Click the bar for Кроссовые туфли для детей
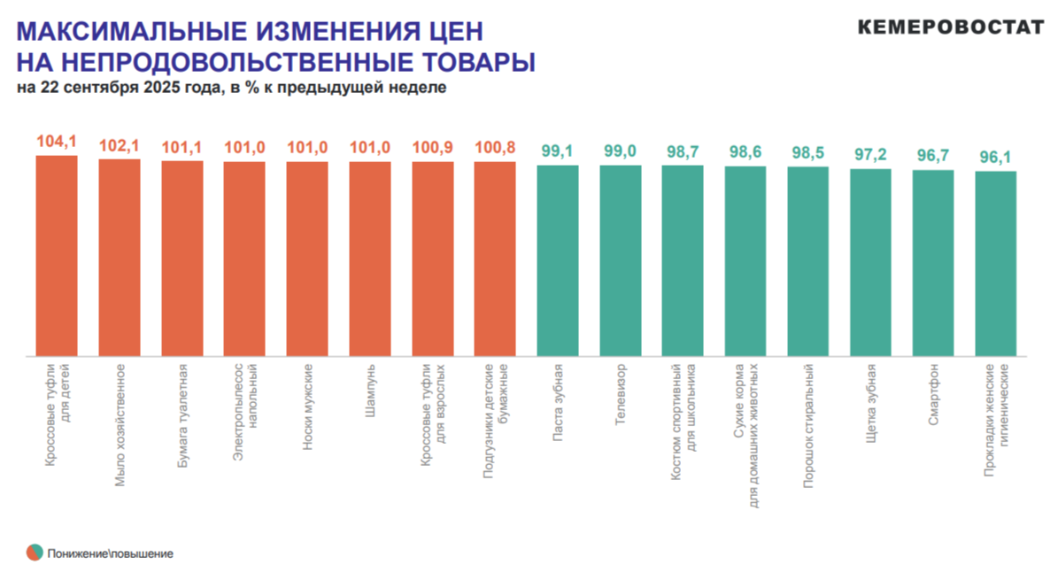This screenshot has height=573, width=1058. point(57,256)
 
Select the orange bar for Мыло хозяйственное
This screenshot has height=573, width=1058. point(120,258)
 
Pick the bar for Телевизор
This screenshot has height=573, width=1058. point(621,260)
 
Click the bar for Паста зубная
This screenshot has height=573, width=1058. point(558,260)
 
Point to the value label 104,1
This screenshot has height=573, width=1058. point(57,141)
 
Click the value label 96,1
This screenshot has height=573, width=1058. point(996,157)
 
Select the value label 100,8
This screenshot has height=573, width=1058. point(495,147)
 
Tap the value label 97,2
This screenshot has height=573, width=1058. point(870,154)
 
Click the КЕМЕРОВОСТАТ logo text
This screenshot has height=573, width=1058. point(950,27)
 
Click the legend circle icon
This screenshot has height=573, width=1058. point(35,553)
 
